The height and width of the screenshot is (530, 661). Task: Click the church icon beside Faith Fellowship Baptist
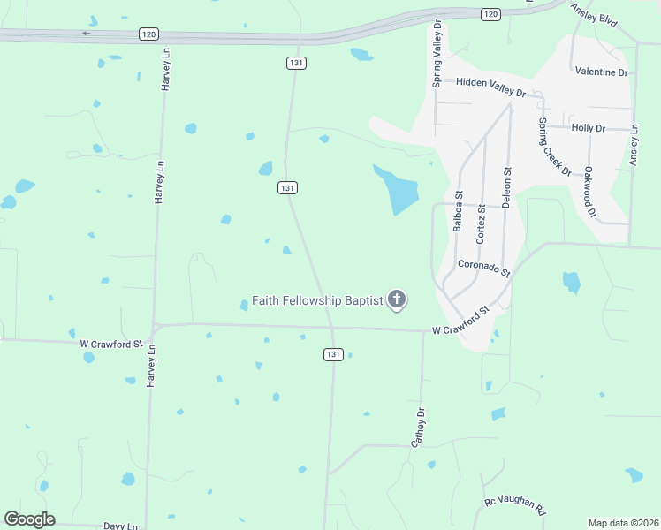397,300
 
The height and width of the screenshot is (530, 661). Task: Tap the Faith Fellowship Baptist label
317,300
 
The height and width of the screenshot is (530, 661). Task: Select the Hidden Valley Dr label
490,87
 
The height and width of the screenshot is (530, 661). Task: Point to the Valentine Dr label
601,72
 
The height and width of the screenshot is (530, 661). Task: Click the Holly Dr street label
589,128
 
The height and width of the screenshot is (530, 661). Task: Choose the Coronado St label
484,268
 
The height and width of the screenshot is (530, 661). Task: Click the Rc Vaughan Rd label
515,507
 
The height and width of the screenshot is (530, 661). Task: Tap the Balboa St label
458,211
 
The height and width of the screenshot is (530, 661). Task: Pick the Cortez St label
481,223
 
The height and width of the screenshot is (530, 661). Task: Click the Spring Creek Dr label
555,147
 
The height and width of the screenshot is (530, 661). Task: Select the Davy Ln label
120,526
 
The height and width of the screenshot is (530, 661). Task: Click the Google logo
29,519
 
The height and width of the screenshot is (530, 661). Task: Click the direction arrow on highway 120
87,34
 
